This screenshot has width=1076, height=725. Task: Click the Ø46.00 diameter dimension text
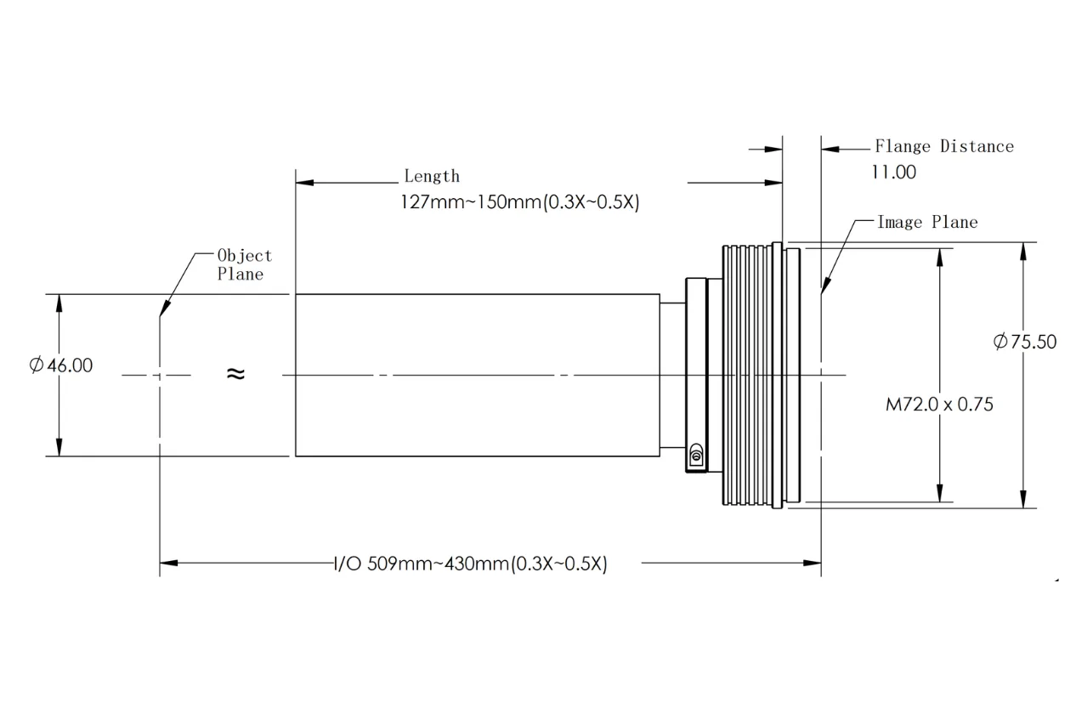point(61,365)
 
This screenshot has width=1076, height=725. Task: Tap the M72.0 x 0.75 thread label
point(939,405)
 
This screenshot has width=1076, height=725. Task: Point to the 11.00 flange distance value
point(893,173)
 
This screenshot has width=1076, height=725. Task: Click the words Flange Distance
point(944,147)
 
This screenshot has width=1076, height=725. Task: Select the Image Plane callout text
point(927,223)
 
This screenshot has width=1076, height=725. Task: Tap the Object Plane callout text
point(243,264)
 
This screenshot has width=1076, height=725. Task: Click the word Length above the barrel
point(432,177)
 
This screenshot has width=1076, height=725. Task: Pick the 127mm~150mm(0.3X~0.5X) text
point(519,203)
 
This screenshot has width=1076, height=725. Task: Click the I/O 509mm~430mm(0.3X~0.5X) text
point(470,564)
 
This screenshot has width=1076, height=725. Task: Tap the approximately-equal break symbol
point(235,373)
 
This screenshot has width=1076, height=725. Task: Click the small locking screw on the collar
point(697,454)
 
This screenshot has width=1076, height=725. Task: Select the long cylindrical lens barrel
point(476,375)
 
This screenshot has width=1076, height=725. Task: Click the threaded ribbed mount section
point(748,375)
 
